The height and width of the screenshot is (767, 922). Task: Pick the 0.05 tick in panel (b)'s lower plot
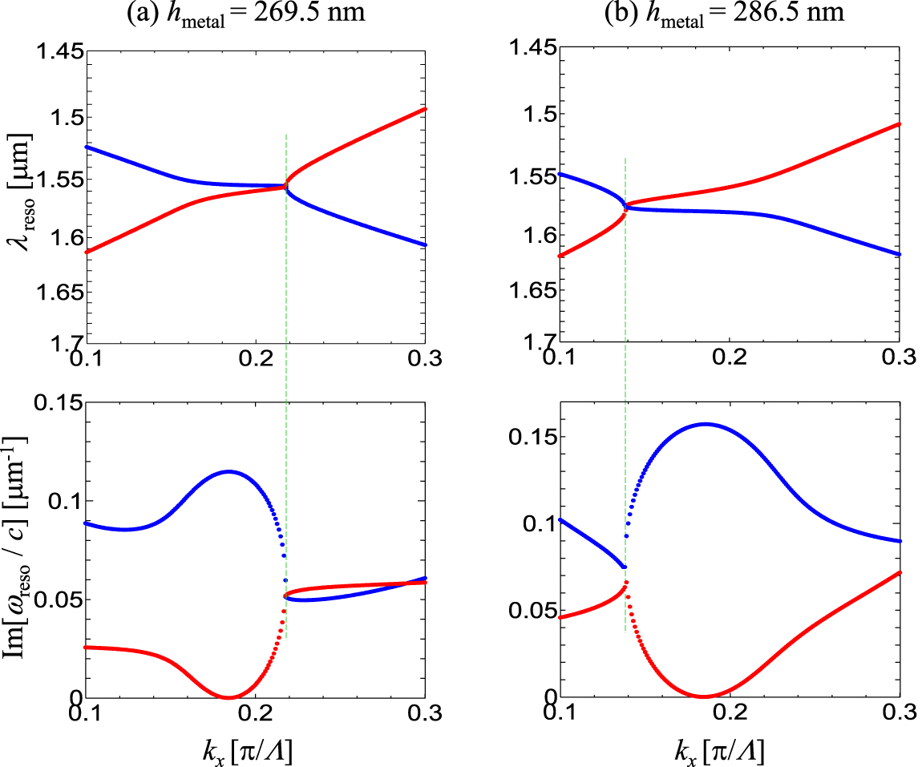pos(533,611)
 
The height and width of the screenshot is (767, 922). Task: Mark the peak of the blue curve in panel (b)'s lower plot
pos(706,424)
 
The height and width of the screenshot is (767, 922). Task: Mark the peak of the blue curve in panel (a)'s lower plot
pos(229,471)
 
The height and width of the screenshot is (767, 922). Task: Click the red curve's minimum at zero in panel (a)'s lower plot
pos(229,696)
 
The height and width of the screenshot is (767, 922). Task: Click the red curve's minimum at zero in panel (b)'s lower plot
pos(705,696)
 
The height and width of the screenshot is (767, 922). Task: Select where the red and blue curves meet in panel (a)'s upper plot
pos(285,187)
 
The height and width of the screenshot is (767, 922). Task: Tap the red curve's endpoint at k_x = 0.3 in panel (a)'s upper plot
pos(424,109)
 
